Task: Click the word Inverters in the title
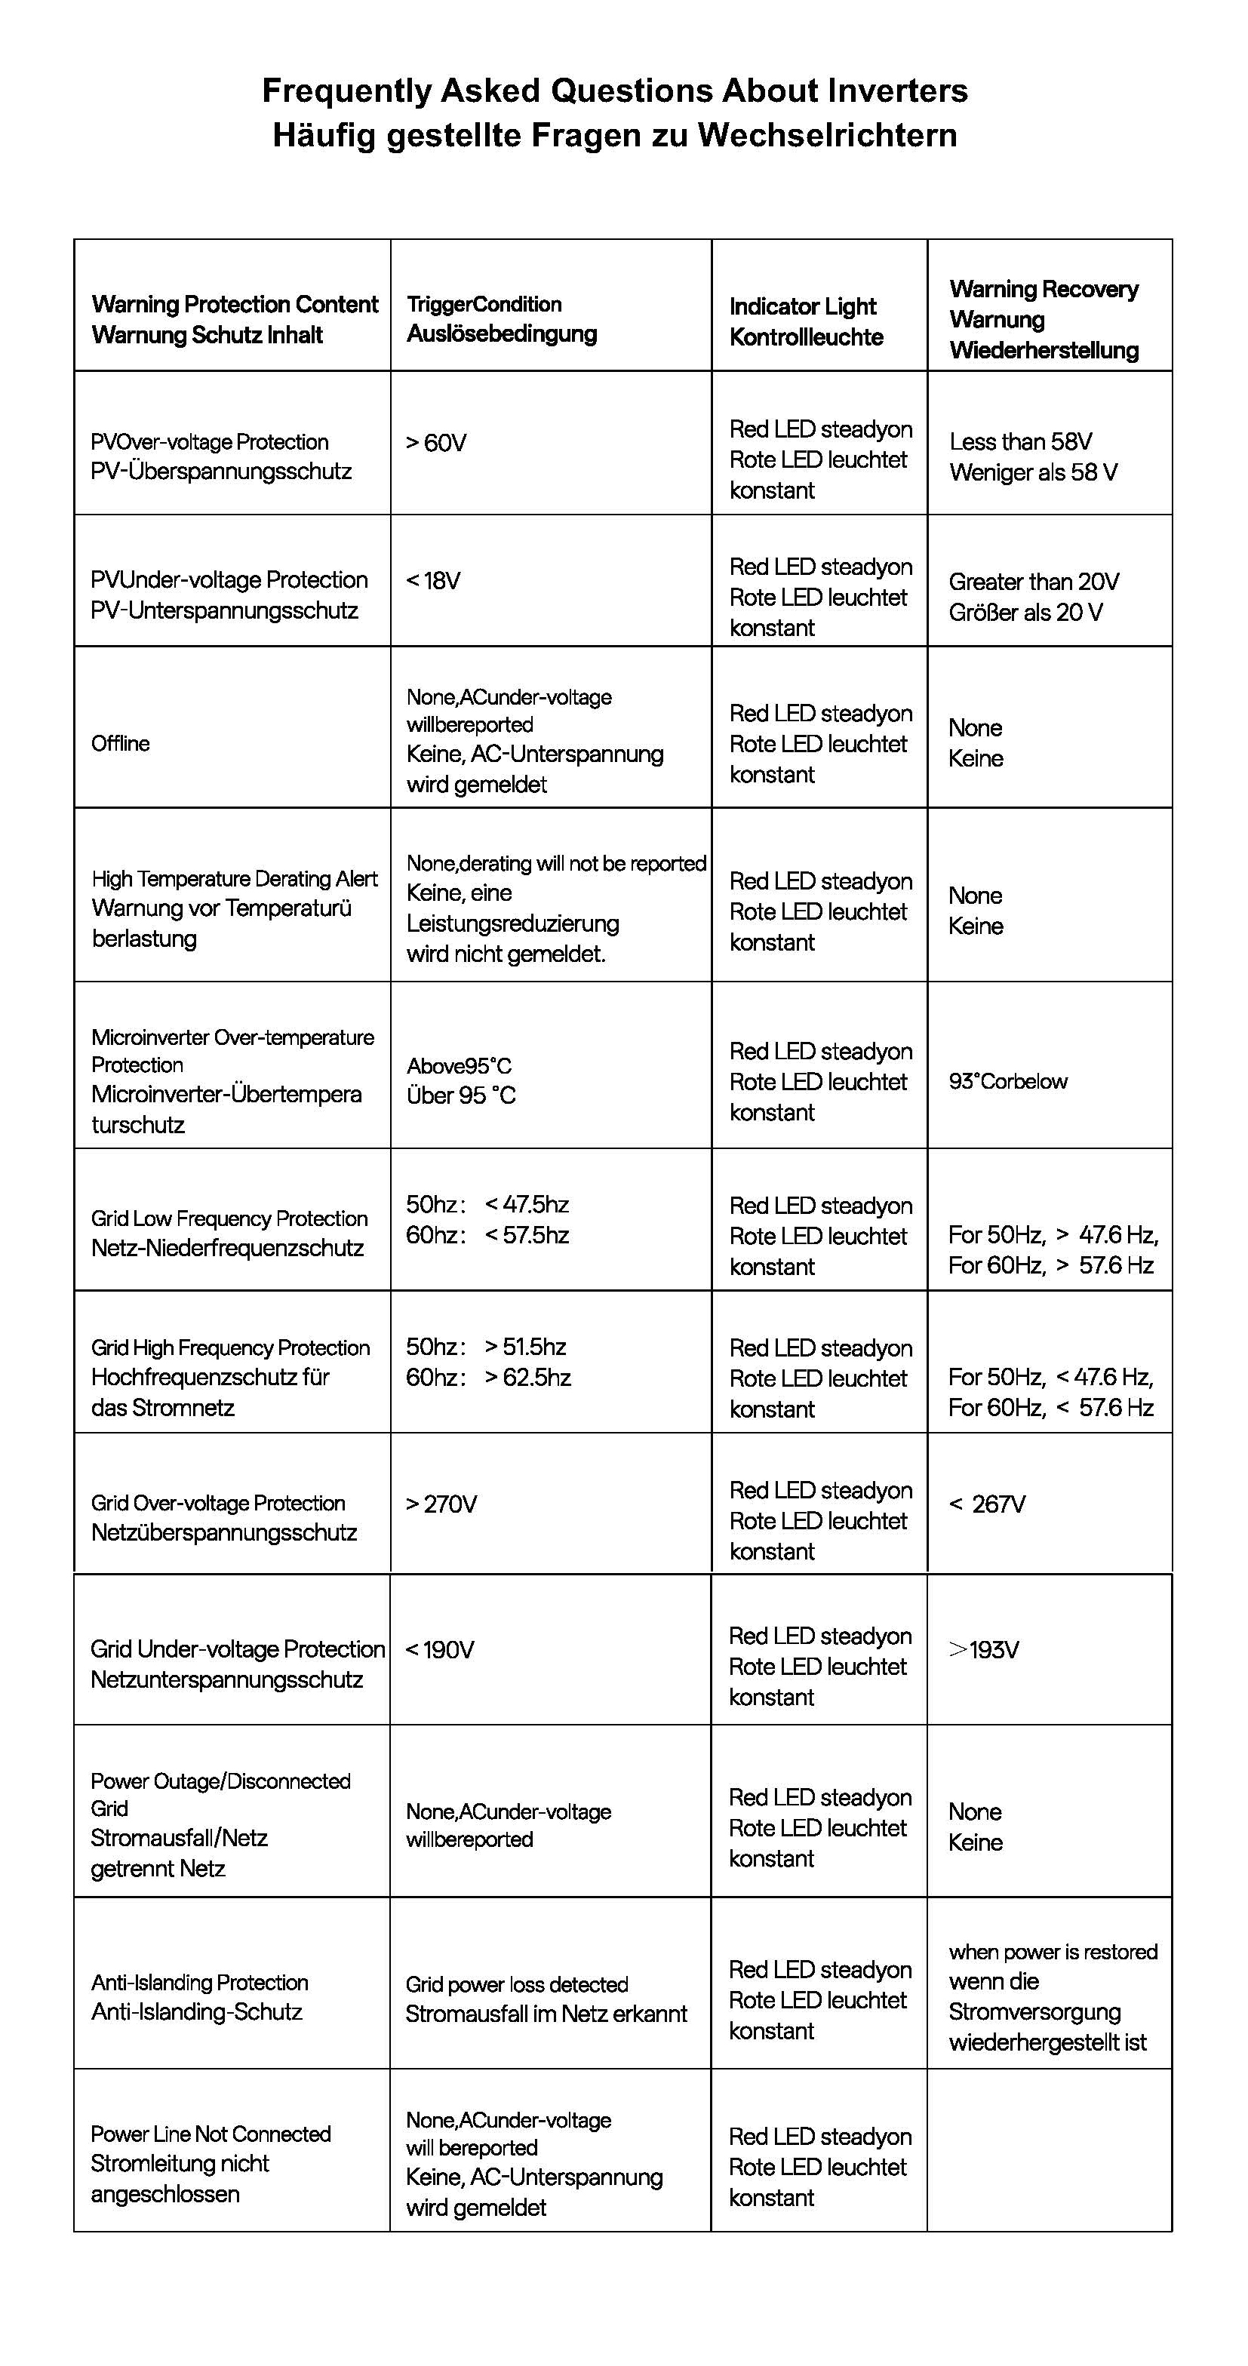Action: [x=897, y=91]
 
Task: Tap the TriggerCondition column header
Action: [x=502, y=318]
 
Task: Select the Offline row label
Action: [x=120, y=743]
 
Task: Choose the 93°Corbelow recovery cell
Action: [x=1007, y=1081]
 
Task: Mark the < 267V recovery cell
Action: [x=987, y=1504]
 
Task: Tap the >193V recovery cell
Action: [x=983, y=1649]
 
